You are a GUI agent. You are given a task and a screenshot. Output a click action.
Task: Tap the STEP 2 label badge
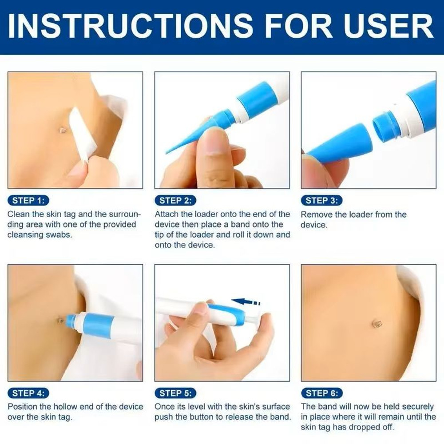[175, 201]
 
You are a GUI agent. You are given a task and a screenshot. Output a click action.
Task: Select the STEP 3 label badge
[322, 201]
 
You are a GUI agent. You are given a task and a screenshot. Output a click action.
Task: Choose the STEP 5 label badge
[175, 393]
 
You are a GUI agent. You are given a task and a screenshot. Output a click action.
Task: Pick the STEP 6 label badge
[322, 393]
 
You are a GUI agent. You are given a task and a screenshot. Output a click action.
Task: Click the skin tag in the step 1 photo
[63, 130]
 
